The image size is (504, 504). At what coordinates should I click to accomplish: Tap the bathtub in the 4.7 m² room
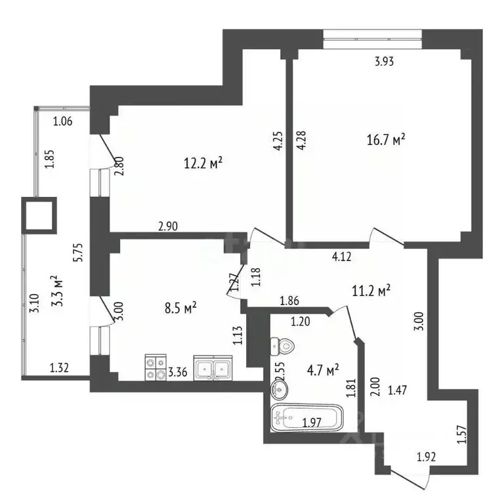pos(306,417)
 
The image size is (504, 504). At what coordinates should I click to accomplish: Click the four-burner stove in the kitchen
pos(156,367)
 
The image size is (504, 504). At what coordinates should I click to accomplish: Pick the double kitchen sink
pos(213,368)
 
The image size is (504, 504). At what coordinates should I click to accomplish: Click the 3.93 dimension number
pos(385,63)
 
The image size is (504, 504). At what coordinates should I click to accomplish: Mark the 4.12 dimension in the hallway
pos(342,257)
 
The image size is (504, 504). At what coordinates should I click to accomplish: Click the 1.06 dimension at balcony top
pos(62,121)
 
